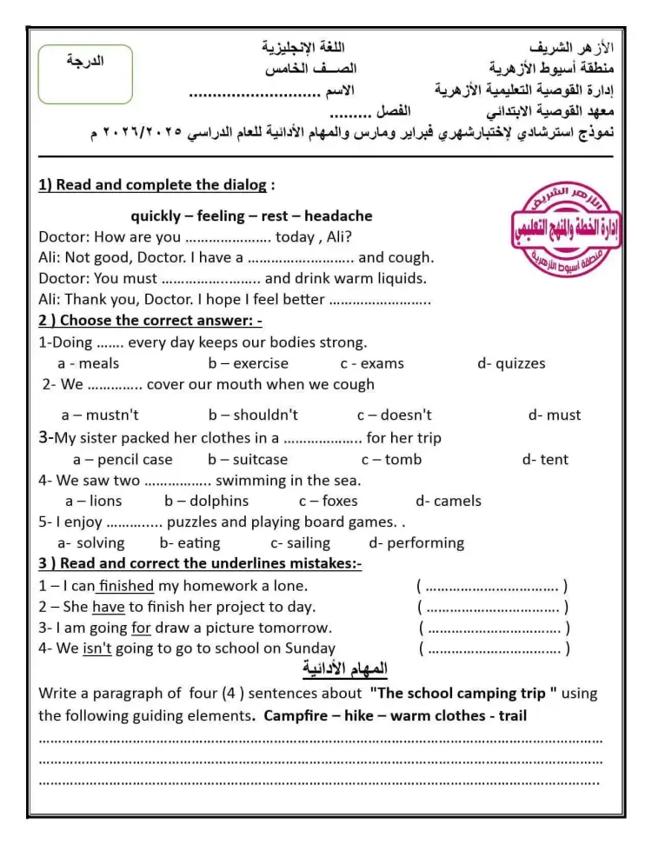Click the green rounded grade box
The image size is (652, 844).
(x=85, y=74)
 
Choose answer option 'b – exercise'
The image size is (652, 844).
(x=248, y=363)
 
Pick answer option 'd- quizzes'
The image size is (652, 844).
(x=511, y=363)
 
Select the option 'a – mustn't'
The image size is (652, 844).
(x=100, y=415)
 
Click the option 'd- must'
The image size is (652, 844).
(x=554, y=415)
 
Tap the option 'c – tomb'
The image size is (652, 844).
(x=391, y=459)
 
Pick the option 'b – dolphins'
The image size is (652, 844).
(x=206, y=501)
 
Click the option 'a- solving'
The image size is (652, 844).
(x=90, y=542)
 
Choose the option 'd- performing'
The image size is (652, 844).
(x=416, y=542)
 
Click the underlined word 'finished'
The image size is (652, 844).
(x=126, y=586)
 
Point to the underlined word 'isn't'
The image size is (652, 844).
(x=96, y=648)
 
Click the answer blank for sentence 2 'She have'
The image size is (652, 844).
(x=493, y=608)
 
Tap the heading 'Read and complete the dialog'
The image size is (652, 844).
(x=156, y=185)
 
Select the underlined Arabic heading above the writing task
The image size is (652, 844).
(x=345, y=669)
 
